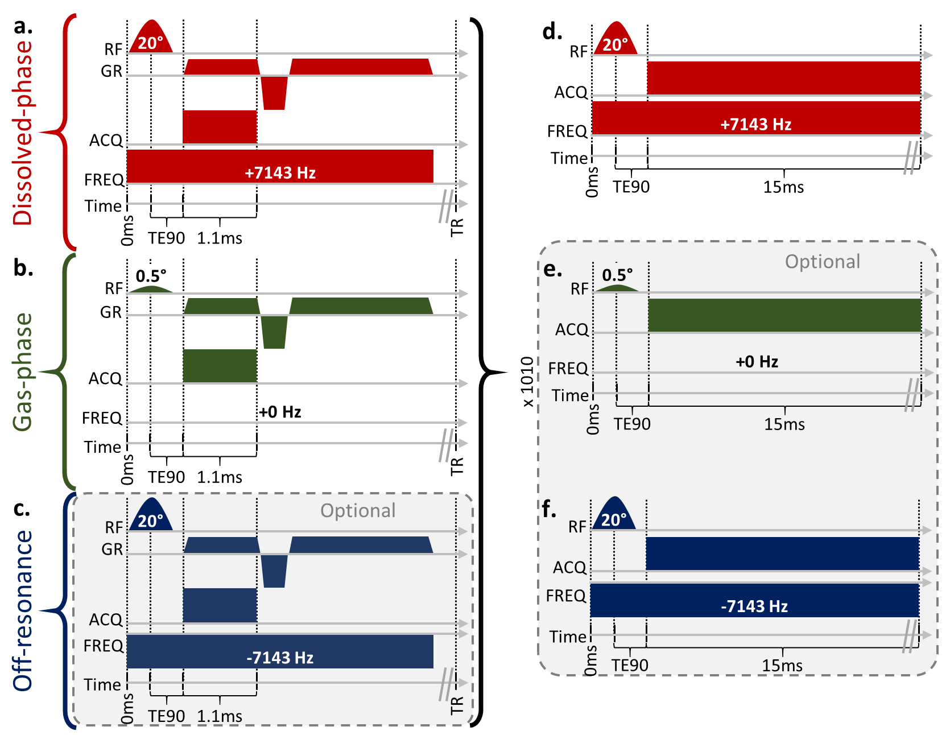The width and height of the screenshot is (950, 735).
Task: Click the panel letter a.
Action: (23, 26)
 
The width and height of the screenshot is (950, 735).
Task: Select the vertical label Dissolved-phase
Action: (23, 133)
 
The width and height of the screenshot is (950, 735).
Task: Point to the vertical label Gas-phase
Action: (23, 372)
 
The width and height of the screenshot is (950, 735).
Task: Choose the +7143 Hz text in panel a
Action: (280, 173)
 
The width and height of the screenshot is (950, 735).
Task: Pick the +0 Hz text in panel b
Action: (280, 412)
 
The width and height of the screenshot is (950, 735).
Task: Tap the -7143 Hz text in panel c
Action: (280, 658)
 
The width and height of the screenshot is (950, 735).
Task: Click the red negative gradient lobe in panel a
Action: (274, 92)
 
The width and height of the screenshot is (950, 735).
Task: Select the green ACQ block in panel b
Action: (220, 366)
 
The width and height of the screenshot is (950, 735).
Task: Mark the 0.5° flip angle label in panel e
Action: (617, 275)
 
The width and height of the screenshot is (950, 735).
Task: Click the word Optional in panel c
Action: (358, 511)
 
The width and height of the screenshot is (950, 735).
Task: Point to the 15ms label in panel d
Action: (783, 187)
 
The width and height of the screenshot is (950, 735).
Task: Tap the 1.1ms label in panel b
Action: (220, 477)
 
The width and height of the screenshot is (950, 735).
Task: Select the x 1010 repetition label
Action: (528, 382)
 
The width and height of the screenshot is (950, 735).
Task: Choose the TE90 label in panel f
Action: (630, 666)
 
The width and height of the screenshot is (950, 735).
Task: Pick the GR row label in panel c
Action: (112, 550)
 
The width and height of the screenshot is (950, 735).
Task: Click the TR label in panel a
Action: (457, 227)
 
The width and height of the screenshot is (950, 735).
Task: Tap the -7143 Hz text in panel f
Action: (754, 606)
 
